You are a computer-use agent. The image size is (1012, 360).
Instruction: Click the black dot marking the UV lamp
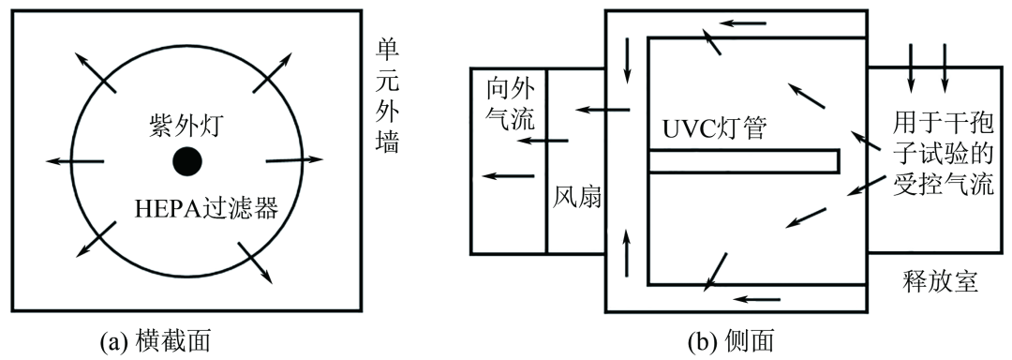[x=187, y=161]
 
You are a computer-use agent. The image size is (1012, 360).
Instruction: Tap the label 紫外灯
[x=187, y=125]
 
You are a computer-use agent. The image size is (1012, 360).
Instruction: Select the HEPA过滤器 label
[x=207, y=207]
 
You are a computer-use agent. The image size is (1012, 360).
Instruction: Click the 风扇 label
[x=575, y=199]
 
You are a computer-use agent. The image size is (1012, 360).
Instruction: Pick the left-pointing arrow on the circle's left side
[x=74, y=161]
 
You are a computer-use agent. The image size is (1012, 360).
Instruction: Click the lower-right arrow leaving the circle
[x=257, y=262]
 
